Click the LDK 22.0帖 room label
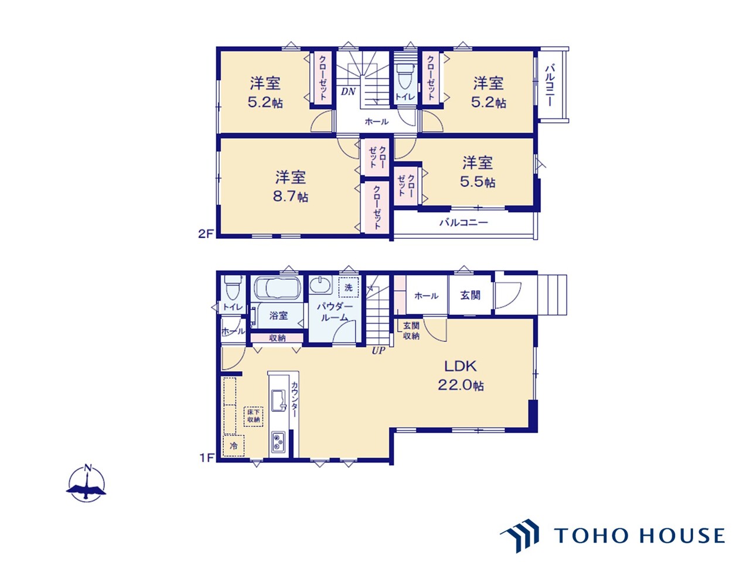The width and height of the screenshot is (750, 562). [460, 375]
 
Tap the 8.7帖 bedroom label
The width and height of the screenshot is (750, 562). [291, 186]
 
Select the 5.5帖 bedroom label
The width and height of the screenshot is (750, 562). [478, 172]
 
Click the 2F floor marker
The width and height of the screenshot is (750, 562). [206, 234]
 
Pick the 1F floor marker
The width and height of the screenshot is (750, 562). [206, 457]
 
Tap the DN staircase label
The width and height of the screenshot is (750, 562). [348, 91]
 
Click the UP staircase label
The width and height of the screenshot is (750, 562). [379, 351]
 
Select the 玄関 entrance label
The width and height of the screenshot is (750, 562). [470, 295]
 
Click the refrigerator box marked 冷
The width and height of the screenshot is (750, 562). [234, 446]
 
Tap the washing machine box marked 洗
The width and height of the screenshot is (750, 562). [349, 287]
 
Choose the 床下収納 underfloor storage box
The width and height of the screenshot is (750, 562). [253, 416]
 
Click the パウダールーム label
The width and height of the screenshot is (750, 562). [335, 312]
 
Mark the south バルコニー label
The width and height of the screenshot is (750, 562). [463, 223]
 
